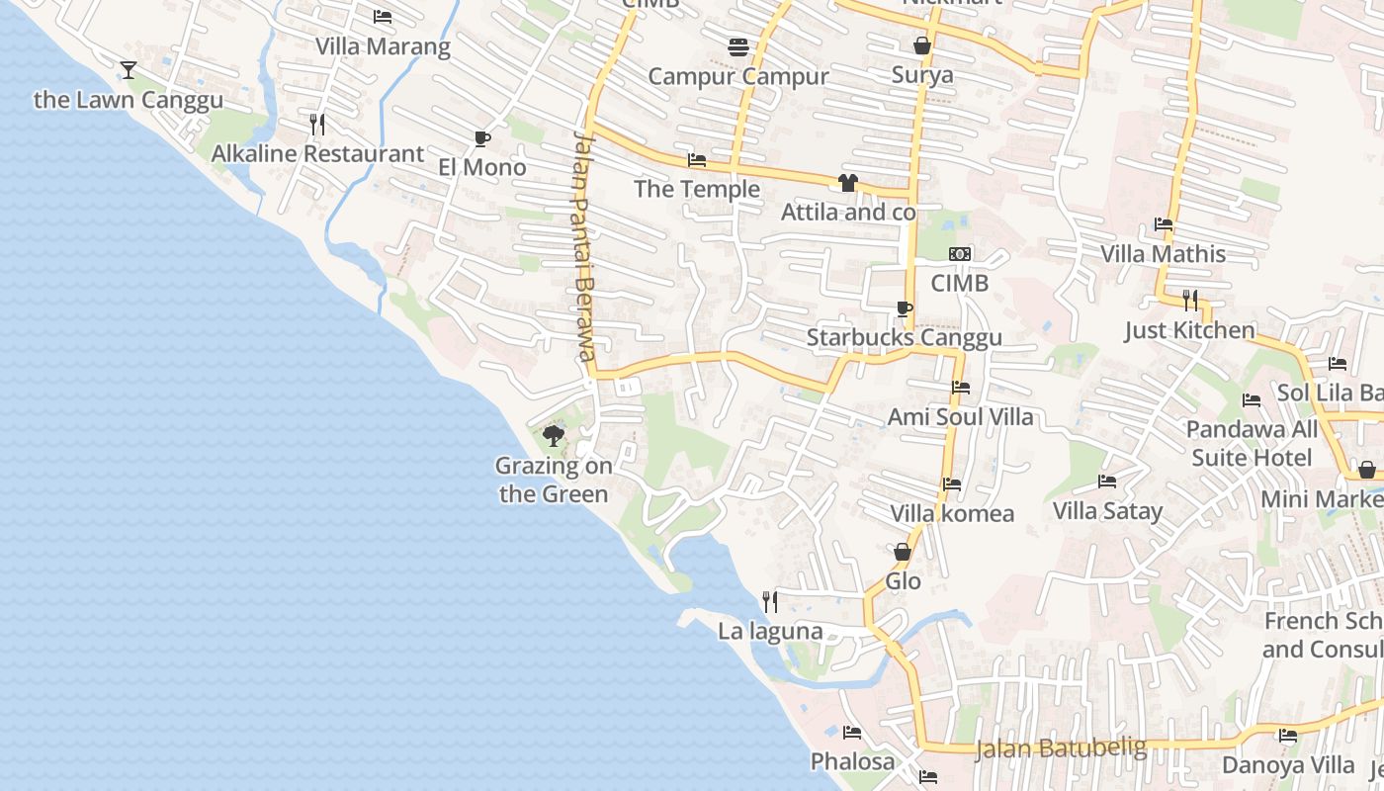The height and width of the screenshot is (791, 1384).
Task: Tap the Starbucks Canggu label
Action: coord(904,337)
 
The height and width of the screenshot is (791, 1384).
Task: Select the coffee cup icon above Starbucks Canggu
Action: coord(904,308)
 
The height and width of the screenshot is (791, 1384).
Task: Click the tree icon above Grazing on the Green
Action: coord(554,435)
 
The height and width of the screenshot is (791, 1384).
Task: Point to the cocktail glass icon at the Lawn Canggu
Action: coord(129,69)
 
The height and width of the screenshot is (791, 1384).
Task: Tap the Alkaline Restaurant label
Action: coord(317,154)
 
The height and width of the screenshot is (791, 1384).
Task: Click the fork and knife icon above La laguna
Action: coord(770,601)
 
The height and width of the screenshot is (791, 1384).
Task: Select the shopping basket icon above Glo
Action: coord(903,552)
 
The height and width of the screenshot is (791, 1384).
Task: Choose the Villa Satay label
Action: coord(1107,511)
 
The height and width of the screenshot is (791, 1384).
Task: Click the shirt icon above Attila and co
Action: coord(847,183)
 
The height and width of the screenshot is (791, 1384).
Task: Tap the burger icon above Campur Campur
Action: coord(737,46)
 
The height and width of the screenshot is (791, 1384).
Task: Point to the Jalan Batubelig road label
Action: coord(1061,747)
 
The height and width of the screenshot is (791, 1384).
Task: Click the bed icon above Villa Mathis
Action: coord(1164,224)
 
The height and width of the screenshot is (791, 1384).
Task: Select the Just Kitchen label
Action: coord(1189,330)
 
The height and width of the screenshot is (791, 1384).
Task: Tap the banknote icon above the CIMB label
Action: coord(960,254)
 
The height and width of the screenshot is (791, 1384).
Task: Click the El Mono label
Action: coord(482,167)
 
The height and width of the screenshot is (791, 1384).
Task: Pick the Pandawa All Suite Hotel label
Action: coord(1252,443)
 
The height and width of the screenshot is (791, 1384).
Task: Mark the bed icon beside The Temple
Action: coord(697,160)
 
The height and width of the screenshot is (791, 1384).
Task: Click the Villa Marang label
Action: coord(383,46)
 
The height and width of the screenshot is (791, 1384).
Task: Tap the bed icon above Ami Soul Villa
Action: coord(960,388)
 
